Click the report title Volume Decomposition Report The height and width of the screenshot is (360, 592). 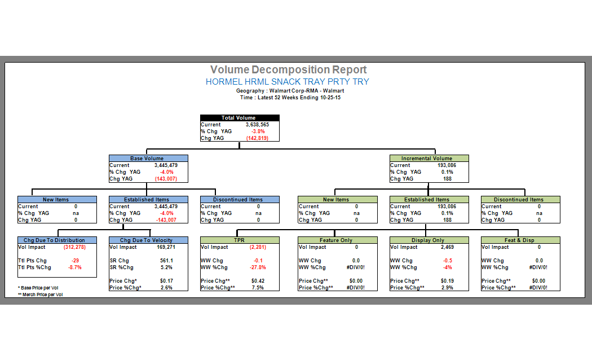coord(288,70)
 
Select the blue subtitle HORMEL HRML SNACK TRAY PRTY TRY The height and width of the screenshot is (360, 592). coord(288,82)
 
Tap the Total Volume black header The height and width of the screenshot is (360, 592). coord(239,118)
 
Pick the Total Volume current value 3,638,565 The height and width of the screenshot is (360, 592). coord(257,125)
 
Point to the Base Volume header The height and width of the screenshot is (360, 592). coord(148,159)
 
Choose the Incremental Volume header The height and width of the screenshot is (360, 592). coord(428,159)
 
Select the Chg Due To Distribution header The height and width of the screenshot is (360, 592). coord(54,240)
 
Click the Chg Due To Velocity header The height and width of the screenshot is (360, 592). coord(148,240)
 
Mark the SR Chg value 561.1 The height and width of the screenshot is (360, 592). coord(166,261)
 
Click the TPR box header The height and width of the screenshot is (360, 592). coord(240,240)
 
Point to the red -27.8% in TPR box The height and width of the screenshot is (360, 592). coord(258,267)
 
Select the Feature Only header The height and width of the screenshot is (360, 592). coord(337,240)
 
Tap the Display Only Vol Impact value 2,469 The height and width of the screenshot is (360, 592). coord(448,247)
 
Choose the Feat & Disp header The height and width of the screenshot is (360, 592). coord(520,240)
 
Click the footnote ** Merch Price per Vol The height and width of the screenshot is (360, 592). coord(41,295)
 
